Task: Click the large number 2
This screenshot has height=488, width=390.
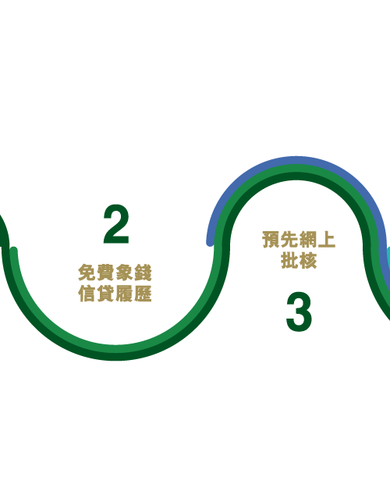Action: click(116, 224)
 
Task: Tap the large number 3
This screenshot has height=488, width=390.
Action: click(299, 312)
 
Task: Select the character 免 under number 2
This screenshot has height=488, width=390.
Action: click(87, 272)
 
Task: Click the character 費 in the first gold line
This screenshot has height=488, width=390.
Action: click(105, 272)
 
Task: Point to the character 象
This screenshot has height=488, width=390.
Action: click(124, 272)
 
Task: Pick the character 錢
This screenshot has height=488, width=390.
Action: click(143, 272)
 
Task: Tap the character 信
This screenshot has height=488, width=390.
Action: click(87, 294)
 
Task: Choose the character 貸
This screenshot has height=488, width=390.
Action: click(105, 294)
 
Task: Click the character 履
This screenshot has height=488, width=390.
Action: click(124, 294)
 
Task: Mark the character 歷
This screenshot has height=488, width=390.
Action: click(143, 294)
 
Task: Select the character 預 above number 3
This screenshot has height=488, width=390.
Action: click(271, 240)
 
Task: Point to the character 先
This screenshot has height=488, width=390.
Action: click(289, 240)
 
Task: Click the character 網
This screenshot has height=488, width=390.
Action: click(308, 240)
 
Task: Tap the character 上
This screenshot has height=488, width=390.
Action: click(326, 240)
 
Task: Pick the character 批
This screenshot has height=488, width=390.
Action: click(289, 260)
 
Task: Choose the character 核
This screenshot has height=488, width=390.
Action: click(308, 260)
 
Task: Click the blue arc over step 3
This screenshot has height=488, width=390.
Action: click(296, 159)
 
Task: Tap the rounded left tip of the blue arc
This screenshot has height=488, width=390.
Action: click(211, 243)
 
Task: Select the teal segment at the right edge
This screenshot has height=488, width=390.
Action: click(388, 258)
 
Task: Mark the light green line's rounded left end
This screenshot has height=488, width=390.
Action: click(14, 250)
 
